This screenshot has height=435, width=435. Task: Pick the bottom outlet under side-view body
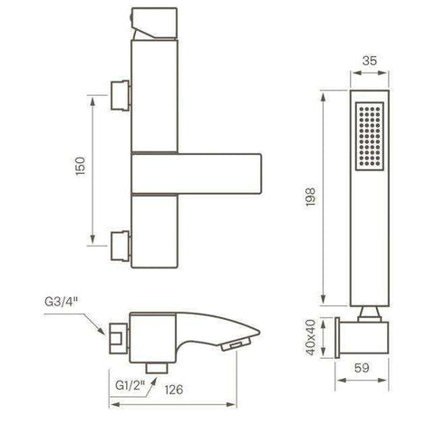[x=161, y=364]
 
